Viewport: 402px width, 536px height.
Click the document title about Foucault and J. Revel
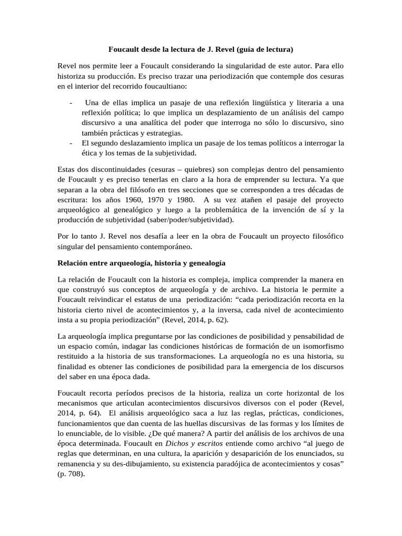coord(200,50)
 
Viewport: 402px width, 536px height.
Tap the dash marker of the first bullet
coord(71,103)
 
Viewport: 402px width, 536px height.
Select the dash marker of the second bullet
coord(71,143)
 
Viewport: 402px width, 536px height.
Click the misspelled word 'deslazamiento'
coord(142,143)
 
